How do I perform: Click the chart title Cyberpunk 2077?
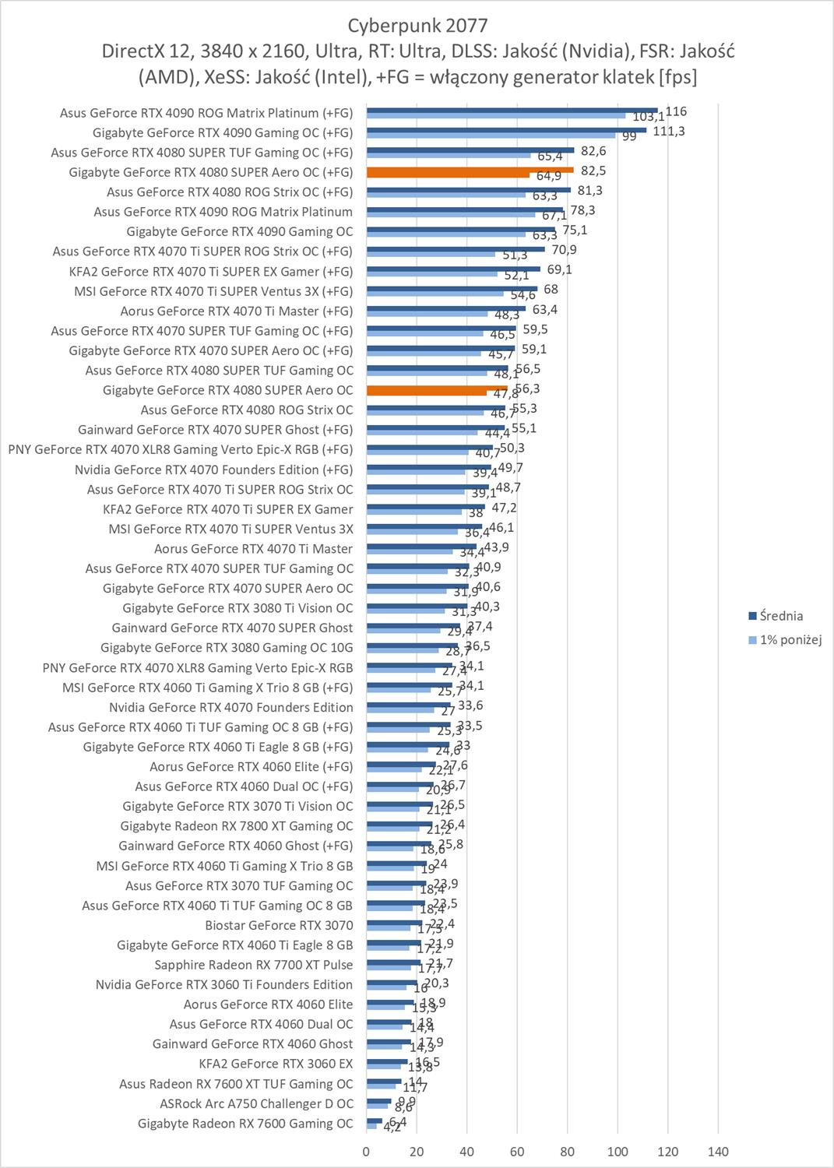417,26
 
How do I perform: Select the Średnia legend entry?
781,616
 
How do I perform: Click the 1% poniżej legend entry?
790,640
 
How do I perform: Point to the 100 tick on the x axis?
618,1152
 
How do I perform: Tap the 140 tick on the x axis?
718,1152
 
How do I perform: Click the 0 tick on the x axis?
367,1152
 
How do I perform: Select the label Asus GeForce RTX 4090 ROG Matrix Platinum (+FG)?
206,113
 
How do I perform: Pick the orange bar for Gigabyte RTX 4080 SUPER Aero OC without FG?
437,387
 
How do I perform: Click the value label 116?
676,111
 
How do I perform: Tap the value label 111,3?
669,131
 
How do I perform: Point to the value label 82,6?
593,151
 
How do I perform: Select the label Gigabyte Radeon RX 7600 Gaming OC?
245,1124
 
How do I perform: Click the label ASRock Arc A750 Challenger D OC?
256,1103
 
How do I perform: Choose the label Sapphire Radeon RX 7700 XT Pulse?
254,965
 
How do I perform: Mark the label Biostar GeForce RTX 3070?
279,925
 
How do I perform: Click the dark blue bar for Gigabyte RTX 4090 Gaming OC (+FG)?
506,129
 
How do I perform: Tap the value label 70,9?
565,250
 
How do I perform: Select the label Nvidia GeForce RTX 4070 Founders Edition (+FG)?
213,470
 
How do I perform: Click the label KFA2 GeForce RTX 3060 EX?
276,1064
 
